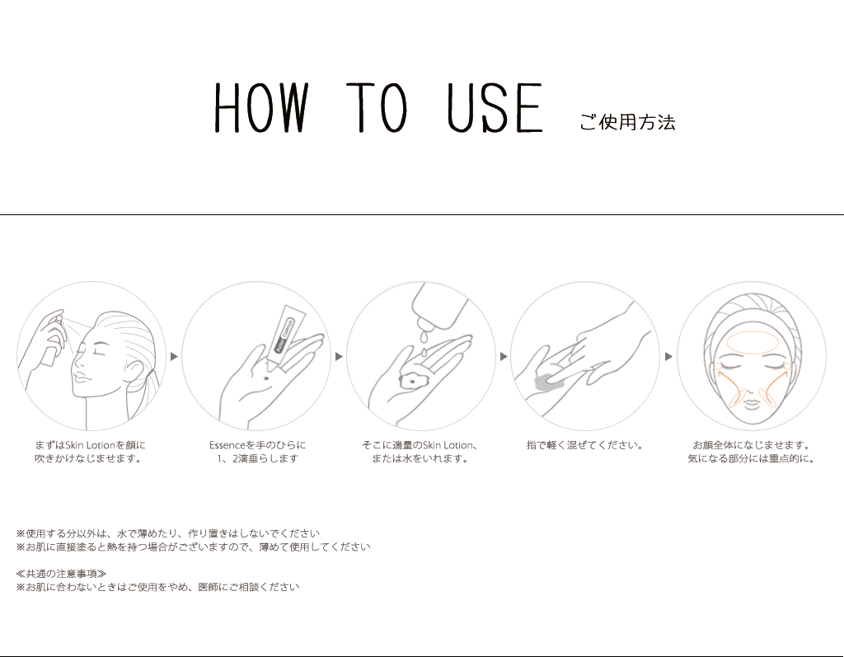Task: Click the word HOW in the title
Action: pyautogui.click(x=260, y=108)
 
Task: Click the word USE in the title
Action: pyautogui.click(x=495, y=108)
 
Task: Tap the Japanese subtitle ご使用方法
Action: pyautogui.click(x=627, y=123)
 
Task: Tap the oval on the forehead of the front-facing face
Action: pyautogui.click(x=750, y=340)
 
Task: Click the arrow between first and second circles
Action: pyautogui.click(x=174, y=356)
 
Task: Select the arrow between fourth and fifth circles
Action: pyautogui.click(x=668, y=356)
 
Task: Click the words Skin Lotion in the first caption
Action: pyautogui.click(x=90, y=445)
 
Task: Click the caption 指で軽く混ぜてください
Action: pyautogui.click(x=584, y=445)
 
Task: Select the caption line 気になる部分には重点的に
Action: pyautogui.click(x=751, y=459)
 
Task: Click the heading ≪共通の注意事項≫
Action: pyautogui.click(x=61, y=574)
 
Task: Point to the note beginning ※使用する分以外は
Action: pyautogui.click(x=167, y=533)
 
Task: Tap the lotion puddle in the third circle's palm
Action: pyautogui.click(x=410, y=382)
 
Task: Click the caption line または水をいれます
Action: pyautogui.click(x=420, y=459)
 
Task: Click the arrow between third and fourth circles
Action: pyautogui.click(x=504, y=356)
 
